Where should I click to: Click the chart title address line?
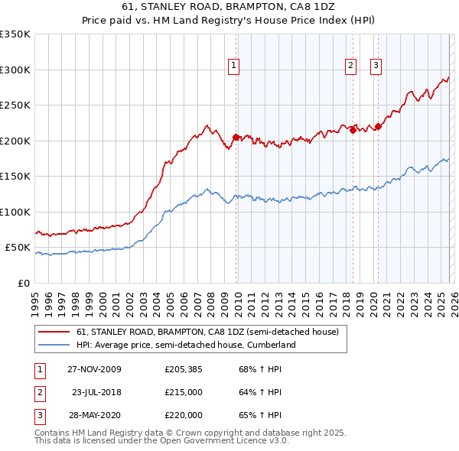(229, 7)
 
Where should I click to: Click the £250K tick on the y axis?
(15, 105)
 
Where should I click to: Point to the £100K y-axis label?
(15, 212)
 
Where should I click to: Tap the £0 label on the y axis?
(24, 283)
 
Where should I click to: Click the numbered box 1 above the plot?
(233, 67)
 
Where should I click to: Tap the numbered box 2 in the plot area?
(350, 67)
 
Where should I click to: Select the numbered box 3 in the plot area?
(376, 67)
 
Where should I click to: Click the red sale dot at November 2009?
(236, 138)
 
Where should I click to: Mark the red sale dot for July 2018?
(353, 131)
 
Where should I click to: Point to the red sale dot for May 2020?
(378, 127)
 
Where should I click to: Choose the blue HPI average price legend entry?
(186, 345)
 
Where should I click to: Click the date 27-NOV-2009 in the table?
(94, 369)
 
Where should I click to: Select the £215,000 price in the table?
(184, 392)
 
